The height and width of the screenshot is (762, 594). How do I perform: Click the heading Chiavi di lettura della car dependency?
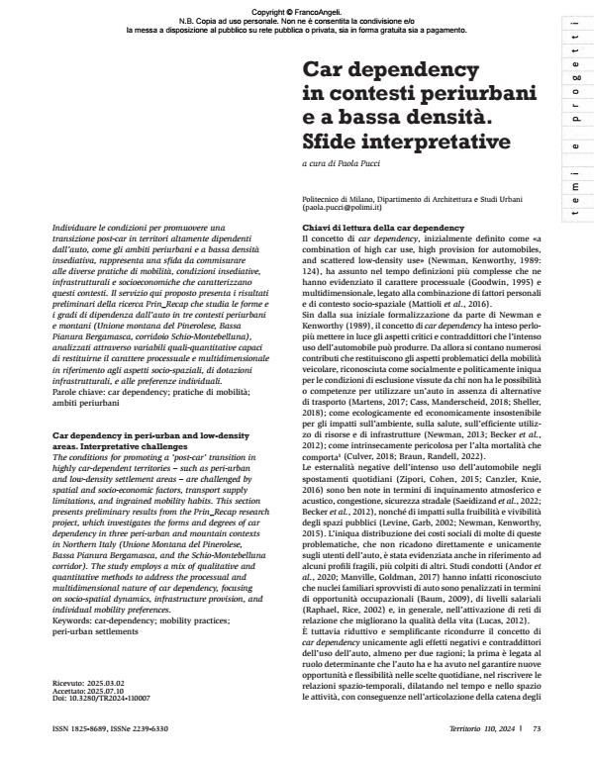click(370, 228)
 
